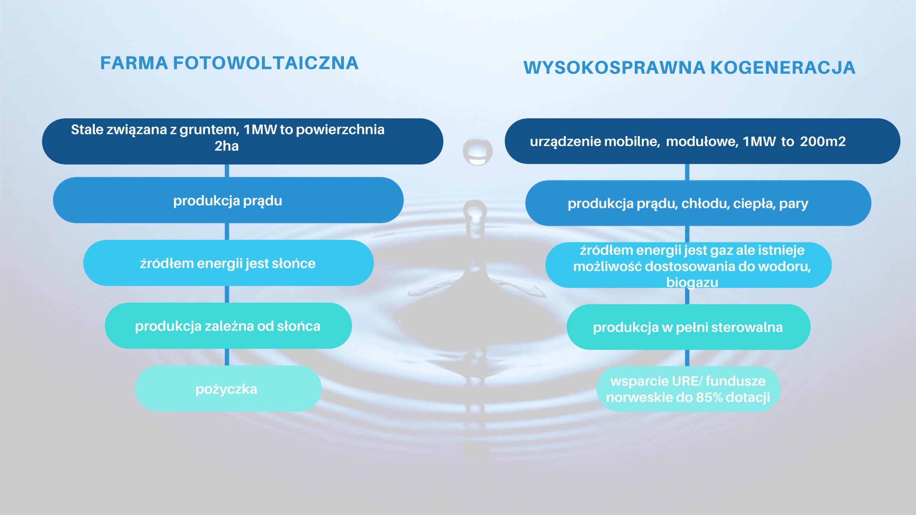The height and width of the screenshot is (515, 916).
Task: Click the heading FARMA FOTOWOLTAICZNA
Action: (x=229, y=63)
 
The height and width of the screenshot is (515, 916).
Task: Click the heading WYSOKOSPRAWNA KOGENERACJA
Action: (x=689, y=68)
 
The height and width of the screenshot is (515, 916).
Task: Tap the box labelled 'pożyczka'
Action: (x=228, y=388)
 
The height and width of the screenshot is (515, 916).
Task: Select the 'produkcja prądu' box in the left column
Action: (x=228, y=200)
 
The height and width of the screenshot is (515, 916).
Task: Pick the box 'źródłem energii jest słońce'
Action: (x=228, y=263)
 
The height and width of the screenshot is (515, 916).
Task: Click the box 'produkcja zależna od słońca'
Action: (x=228, y=326)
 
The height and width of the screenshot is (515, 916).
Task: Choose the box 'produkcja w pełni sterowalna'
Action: (x=688, y=327)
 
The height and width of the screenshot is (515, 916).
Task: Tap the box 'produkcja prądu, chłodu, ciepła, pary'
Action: (x=698, y=203)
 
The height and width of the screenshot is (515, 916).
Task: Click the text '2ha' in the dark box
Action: (x=226, y=146)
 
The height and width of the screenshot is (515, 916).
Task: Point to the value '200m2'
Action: (x=823, y=142)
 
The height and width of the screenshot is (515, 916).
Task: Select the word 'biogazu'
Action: (x=692, y=283)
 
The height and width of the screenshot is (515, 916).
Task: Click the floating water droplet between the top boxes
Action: (x=477, y=152)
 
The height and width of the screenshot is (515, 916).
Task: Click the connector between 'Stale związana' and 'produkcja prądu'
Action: (x=227, y=171)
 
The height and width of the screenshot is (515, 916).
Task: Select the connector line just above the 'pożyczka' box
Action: (x=227, y=357)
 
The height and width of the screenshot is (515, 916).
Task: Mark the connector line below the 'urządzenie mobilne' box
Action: (x=687, y=172)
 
